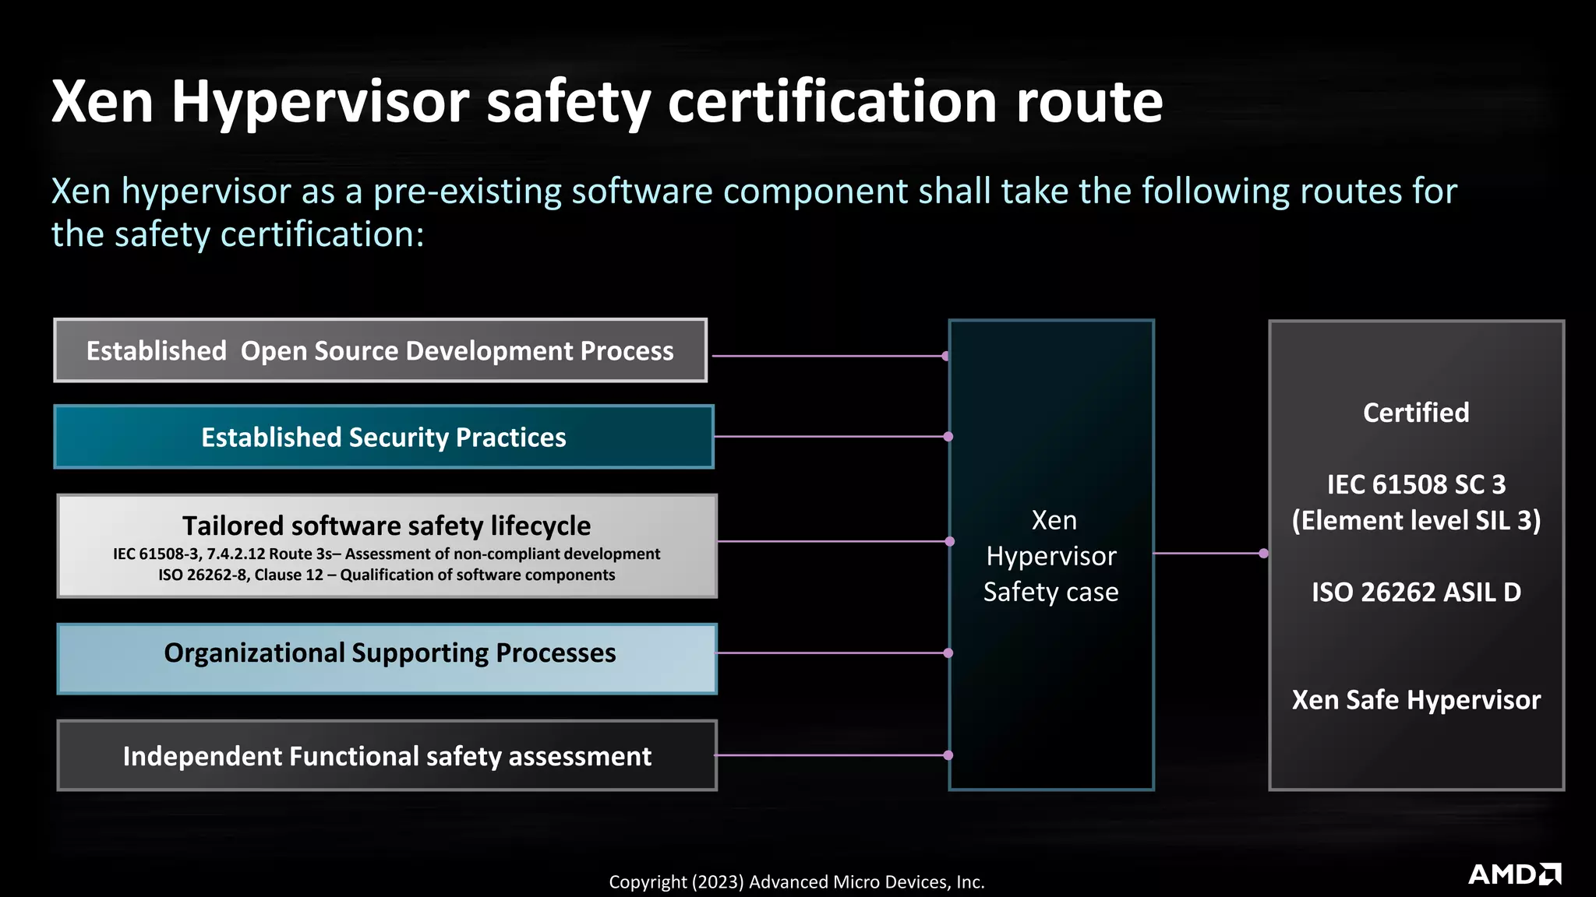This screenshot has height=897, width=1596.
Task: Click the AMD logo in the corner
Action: (1514, 874)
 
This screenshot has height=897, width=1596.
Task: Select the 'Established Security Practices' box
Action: (383, 437)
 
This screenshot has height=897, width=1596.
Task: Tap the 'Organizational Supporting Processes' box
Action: (387, 658)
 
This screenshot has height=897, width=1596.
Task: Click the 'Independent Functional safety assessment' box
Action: (387, 756)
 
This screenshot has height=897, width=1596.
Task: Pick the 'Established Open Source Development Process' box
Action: (380, 350)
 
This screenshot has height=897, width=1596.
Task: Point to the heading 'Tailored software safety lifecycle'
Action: (387, 526)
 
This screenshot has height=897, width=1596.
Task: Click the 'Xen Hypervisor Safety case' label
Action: (1051, 556)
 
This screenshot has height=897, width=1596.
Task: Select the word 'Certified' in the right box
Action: (1416, 413)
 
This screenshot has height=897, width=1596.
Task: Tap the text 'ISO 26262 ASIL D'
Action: (1416, 593)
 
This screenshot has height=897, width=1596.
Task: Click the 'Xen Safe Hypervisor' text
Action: (1416, 700)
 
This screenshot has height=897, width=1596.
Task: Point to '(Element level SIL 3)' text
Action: (1416, 520)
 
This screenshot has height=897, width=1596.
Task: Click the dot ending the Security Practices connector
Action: (948, 437)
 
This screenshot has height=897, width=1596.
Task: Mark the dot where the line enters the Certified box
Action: (1264, 554)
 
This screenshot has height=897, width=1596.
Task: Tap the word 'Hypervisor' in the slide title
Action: (320, 102)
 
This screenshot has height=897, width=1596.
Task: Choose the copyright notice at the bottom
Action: (796, 882)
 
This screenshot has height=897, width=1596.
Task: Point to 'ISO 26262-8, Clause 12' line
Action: (387, 575)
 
